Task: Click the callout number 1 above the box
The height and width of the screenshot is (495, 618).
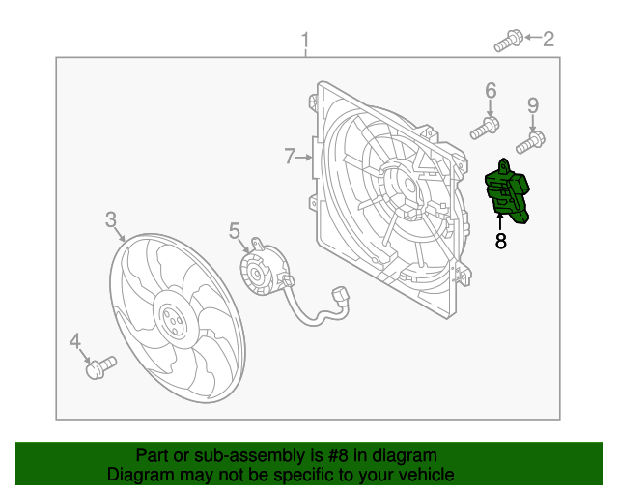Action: point(305,41)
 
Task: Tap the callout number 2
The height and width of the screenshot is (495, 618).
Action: point(548,39)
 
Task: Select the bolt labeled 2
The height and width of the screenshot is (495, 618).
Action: point(509,41)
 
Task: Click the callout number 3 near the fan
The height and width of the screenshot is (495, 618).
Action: point(111,219)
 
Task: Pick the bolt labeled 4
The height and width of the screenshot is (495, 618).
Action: point(100,367)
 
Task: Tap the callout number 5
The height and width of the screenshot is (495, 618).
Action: point(235,230)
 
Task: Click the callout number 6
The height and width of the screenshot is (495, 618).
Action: point(491,91)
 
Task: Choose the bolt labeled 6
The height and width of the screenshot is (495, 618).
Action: point(485,128)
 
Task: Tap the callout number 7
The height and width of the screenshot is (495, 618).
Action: point(290,156)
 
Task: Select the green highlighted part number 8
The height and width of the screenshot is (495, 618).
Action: point(507,191)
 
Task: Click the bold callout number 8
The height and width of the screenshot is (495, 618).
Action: point(500,241)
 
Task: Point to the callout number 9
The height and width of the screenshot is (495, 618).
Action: point(533,105)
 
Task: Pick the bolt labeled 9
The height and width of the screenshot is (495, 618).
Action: point(531,143)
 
